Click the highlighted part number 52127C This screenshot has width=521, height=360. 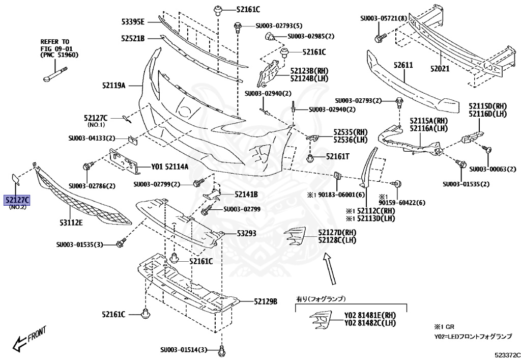tap(17, 200)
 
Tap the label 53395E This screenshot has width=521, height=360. tap(133, 21)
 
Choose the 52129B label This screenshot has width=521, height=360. tap(266, 301)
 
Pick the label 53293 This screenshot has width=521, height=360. tap(246, 234)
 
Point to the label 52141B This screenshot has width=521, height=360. tap(246, 195)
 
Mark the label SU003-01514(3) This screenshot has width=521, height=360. tap(184, 349)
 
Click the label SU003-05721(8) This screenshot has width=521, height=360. tap(384, 18)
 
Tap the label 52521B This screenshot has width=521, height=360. tap(133, 38)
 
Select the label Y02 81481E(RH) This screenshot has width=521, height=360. tap(370, 315)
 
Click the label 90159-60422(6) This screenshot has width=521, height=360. tap(402, 203)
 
